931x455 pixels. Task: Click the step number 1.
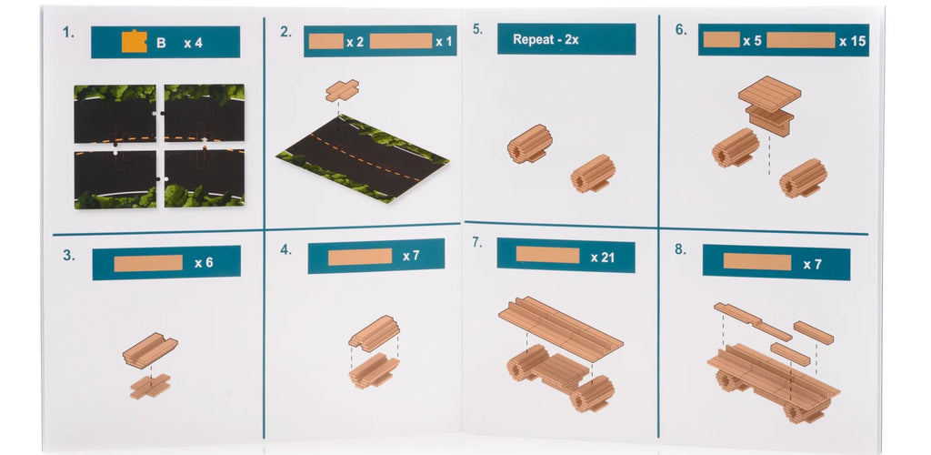(x=69, y=33)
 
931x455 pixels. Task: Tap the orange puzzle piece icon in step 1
(x=135, y=42)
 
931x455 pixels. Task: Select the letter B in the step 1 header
(x=161, y=43)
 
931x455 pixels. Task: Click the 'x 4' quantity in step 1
(x=193, y=43)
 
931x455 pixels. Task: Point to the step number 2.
(x=286, y=32)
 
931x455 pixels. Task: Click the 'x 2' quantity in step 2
(x=355, y=42)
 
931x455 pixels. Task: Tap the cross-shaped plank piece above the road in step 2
(x=342, y=90)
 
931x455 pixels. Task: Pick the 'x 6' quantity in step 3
(x=204, y=263)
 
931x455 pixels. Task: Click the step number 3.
(x=69, y=256)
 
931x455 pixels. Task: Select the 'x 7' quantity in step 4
(x=411, y=256)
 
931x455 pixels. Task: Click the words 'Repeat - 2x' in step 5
(x=546, y=40)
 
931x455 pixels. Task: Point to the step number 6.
(x=681, y=30)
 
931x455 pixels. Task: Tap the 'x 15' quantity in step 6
(x=852, y=41)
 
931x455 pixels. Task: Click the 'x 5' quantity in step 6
(x=752, y=40)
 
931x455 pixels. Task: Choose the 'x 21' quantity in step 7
(x=603, y=258)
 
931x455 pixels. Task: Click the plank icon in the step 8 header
(x=757, y=262)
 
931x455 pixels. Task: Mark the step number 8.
(x=680, y=249)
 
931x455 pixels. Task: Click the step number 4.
(x=286, y=249)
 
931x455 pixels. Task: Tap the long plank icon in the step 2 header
(x=401, y=41)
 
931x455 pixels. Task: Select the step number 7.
(x=477, y=243)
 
